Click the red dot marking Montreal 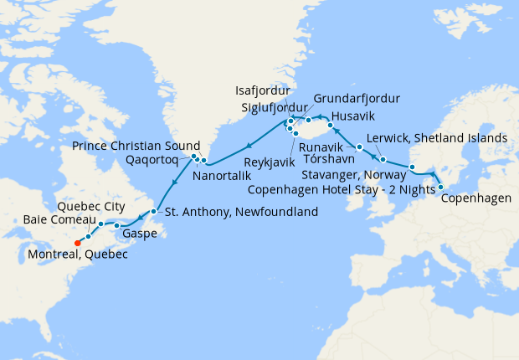click(77, 244)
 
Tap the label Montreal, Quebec click(77, 255)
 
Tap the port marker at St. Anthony click(154, 211)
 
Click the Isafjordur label click(263, 90)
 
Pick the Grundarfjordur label click(357, 99)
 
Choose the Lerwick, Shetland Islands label click(437, 137)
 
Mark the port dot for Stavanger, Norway click(412, 168)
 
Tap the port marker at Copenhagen click(440, 187)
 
